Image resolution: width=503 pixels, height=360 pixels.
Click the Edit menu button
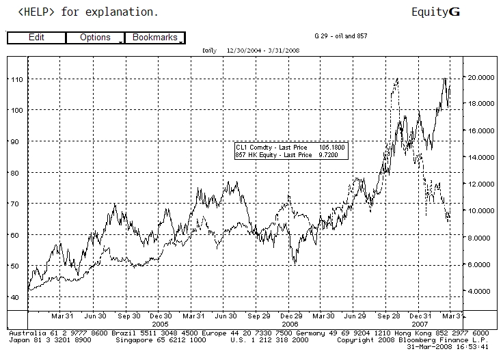click(x=36, y=38)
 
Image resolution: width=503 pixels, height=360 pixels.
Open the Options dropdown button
click(x=95, y=38)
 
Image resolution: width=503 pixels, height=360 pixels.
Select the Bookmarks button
click(x=155, y=38)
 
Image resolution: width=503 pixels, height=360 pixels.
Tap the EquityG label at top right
click(x=435, y=12)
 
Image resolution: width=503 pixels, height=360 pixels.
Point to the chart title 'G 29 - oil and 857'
click(x=340, y=35)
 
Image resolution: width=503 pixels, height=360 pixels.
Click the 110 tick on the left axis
click(x=16, y=79)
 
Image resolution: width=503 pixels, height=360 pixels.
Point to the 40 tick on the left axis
click(x=16, y=297)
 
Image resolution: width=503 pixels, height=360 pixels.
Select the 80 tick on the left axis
click(x=16, y=173)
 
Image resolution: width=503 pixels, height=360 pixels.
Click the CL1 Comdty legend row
click(x=290, y=148)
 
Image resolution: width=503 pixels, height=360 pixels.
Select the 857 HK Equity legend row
click(x=290, y=155)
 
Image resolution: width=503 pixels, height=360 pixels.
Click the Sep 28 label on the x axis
click(x=388, y=316)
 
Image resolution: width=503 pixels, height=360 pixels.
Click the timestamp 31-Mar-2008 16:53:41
click(x=456, y=346)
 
